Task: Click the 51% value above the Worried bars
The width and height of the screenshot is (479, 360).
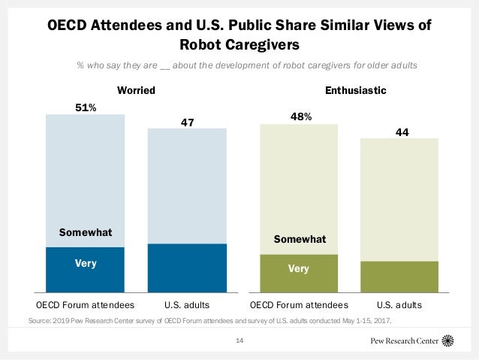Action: tap(86, 107)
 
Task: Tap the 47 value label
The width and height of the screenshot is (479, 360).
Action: tap(187, 119)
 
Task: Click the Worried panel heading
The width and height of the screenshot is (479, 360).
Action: tap(137, 91)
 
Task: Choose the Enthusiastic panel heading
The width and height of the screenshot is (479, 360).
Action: tap(355, 91)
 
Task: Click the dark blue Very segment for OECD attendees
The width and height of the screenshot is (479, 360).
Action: tap(86, 269)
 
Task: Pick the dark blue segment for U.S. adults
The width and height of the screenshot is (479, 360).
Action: tap(187, 268)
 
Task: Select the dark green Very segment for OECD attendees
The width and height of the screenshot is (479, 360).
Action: tap(299, 273)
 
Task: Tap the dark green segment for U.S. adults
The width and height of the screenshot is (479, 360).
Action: tap(399, 277)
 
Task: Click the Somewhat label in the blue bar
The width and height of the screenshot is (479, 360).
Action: tap(86, 233)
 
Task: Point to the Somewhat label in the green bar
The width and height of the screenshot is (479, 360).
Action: tap(299, 240)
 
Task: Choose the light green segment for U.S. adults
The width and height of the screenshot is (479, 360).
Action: tap(399, 199)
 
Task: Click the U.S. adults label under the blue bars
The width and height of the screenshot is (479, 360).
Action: tap(187, 306)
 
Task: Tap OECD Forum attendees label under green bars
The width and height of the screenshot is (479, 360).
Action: tap(299, 306)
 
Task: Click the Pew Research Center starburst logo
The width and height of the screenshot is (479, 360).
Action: tap(449, 340)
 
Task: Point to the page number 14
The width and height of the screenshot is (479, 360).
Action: tap(240, 341)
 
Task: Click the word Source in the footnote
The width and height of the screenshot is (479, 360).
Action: tap(39, 320)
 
